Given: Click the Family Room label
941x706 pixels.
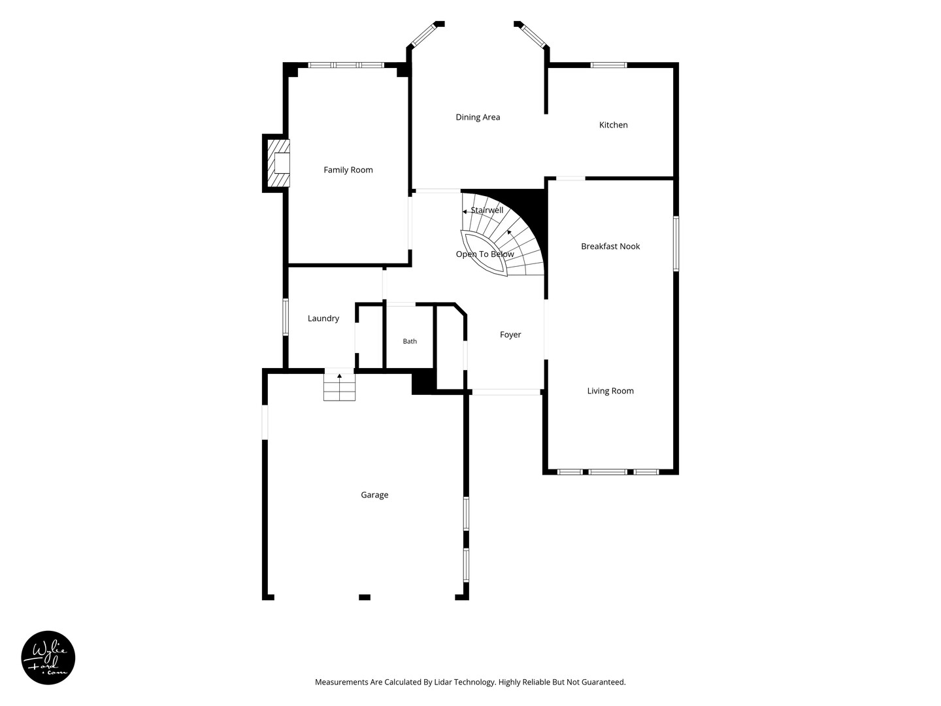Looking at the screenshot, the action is [x=348, y=170].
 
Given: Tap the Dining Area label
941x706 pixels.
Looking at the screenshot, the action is [x=478, y=117].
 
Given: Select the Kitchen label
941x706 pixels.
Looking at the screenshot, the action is [x=613, y=125].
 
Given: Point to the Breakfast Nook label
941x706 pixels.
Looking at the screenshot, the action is [x=610, y=246].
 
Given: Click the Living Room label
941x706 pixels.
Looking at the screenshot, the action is [x=610, y=390].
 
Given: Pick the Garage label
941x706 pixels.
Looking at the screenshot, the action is [x=374, y=495].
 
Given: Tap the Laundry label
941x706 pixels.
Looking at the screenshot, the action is [x=323, y=318].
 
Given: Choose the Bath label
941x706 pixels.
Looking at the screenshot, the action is [x=410, y=341].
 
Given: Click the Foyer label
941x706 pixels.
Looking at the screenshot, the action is [x=510, y=334].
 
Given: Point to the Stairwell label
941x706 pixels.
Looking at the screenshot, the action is [x=487, y=210].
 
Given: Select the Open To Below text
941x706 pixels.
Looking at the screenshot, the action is [x=484, y=254].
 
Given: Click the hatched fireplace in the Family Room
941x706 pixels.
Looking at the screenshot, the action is [x=278, y=163].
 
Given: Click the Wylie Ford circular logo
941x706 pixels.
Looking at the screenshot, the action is [x=48, y=658].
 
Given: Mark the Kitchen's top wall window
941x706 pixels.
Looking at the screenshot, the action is [x=608, y=65].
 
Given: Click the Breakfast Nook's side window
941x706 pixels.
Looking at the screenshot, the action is [x=676, y=243].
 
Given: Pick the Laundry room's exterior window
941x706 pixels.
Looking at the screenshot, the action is [x=285, y=317].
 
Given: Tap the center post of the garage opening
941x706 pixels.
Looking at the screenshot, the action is [x=365, y=597].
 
